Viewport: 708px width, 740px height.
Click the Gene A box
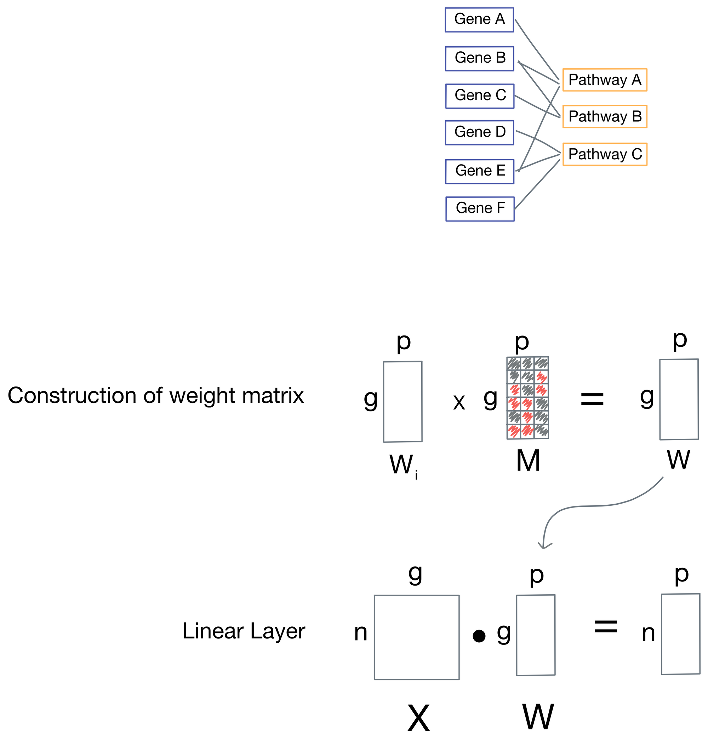coord(479,19)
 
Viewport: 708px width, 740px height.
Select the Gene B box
coord(479,58)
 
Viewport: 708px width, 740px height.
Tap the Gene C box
coord(480,96)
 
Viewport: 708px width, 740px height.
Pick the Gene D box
coord(479,132)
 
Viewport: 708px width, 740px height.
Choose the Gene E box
coord(480,171)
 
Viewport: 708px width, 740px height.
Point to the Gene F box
coord(480,209)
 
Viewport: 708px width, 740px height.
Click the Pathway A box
coord(605,80)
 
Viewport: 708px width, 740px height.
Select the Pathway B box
coord(605,116)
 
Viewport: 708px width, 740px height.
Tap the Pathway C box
coord(605,154)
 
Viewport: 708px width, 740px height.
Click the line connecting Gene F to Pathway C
coord(537,184)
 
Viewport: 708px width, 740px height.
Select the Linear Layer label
coord(244,631)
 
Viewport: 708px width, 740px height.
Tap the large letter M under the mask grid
coord(527,461)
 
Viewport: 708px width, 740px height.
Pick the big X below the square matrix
coord(418,718)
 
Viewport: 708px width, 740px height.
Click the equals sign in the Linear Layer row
coord(606,627)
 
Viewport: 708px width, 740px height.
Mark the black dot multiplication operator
coord(479,636)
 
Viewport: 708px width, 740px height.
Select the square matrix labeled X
coord(417,637)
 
